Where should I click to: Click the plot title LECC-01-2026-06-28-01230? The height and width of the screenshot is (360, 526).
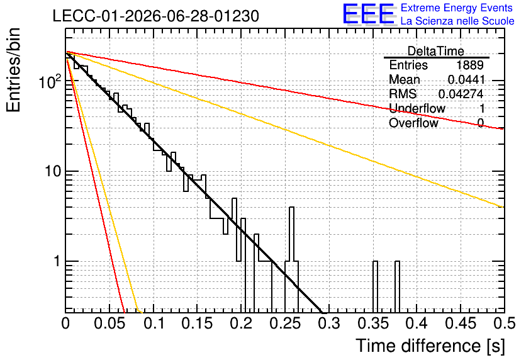click(155, 16)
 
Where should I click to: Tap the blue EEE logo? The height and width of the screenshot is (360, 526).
click(369, 14)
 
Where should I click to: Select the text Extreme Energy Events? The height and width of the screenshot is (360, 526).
click(457, 8)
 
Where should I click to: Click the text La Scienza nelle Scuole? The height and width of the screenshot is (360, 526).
click(457, 21)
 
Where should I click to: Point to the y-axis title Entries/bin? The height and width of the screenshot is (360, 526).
click(13, 70)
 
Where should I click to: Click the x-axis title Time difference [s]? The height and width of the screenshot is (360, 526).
click(430, 346)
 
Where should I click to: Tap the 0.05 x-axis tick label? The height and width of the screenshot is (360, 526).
click(109, 323)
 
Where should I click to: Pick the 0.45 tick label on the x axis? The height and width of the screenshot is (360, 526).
click(461, 323)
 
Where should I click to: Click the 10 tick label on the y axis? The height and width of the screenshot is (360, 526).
click(53, 171)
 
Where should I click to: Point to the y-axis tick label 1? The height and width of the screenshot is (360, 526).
click(57, 261)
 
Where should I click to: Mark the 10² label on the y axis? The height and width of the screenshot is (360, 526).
click(50, 82)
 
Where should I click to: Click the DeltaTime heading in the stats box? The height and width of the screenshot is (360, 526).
click(436, 51)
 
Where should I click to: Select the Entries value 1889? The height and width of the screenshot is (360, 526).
click(469, 65)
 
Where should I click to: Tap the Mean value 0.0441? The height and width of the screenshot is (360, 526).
click(466, 79)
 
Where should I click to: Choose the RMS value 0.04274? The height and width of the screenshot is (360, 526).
click(461, 94)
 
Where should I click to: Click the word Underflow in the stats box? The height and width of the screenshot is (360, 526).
click(417, 108)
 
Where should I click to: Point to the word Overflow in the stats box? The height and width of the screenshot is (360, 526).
click(413, 123)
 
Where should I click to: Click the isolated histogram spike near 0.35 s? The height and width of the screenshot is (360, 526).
click(375, 286)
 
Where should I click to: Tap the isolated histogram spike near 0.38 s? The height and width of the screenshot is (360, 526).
click(397, 286)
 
